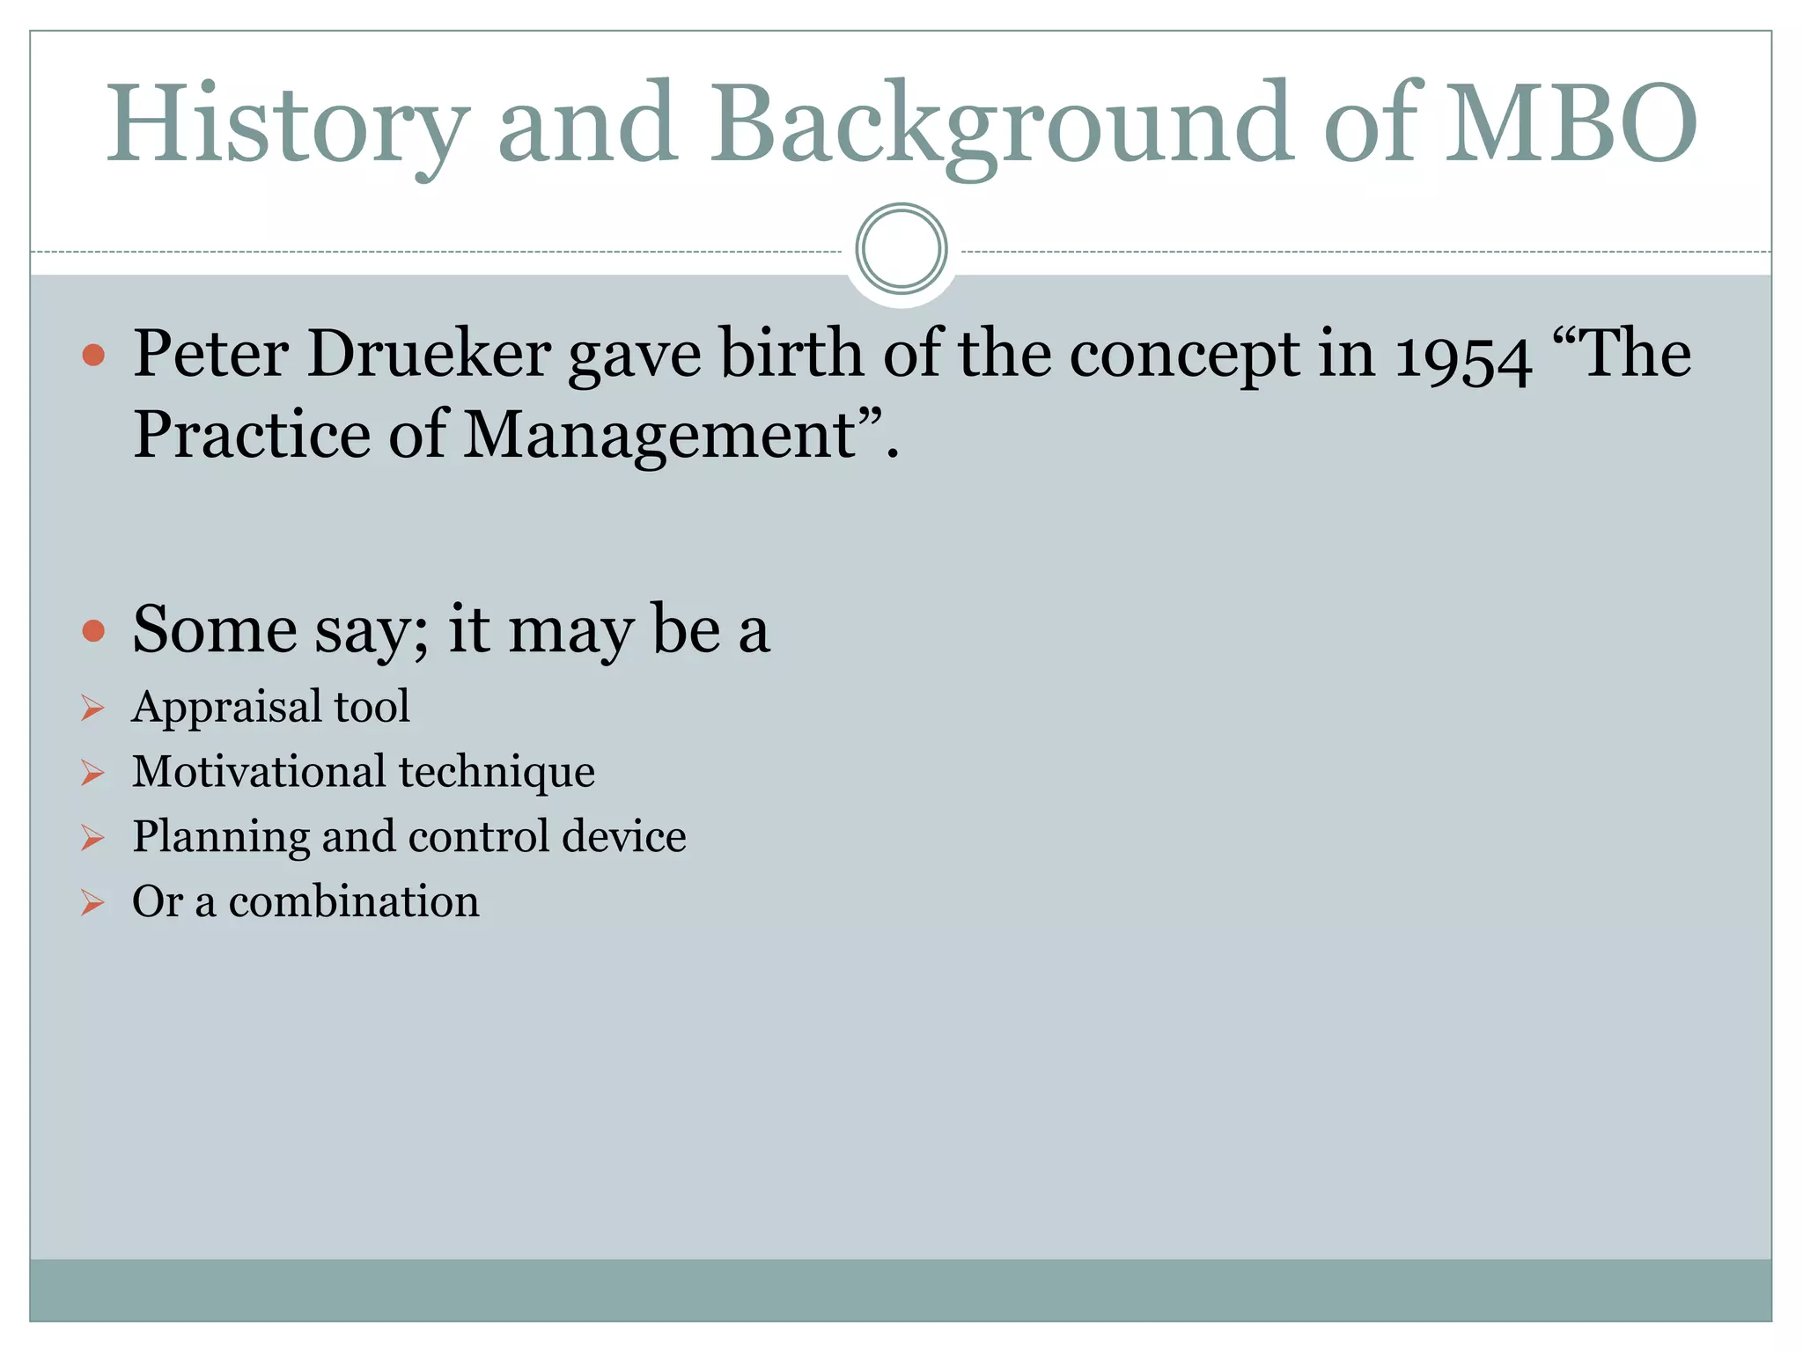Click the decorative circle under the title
click(901, 249)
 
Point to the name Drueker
click(429, 354)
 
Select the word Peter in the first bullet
click(210, 354)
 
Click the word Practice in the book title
click(252, 435)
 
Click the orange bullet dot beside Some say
click(93, 630)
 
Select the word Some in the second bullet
click(215, 630)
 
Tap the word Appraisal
click(226, 707)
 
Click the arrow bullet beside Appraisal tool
click(92, 708)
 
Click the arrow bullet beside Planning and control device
click(92, 838)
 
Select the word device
click(623, 836)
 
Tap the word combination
click(354, 901)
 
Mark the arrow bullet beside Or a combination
click(92, 903)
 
